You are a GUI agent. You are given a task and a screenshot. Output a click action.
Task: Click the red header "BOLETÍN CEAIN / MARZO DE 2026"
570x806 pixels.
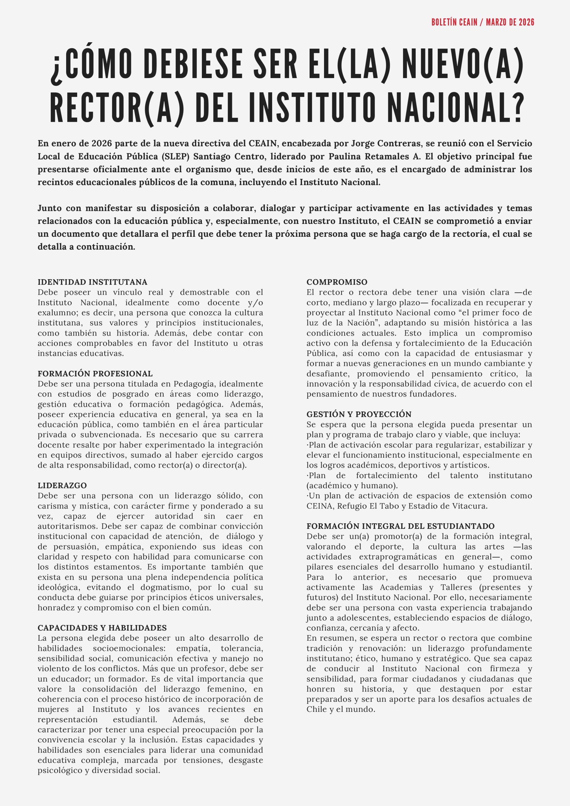482,22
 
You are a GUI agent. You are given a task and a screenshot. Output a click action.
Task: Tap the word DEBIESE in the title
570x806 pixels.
193,64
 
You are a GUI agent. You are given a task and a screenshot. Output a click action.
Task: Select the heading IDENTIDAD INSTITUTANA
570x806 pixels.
92,282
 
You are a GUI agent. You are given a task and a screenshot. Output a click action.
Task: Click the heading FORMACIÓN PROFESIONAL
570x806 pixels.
95,373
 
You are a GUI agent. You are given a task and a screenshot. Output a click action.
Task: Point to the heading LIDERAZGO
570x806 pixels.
62,485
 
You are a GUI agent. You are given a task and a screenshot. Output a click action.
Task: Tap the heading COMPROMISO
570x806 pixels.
337,282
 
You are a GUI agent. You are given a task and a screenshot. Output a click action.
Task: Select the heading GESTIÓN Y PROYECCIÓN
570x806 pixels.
359,414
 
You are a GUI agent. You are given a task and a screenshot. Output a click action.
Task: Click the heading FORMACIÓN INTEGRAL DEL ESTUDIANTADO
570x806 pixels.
400,526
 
